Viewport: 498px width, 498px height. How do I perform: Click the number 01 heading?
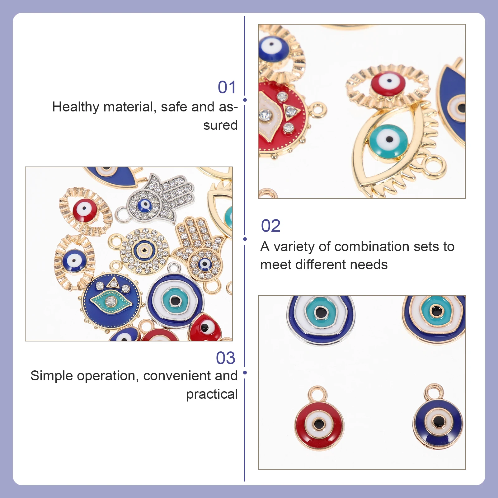[227, 87]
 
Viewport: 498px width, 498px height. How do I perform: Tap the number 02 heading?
[270, 226]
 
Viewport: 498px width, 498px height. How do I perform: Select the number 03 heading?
[226, 358]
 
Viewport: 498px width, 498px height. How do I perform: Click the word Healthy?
[75, 107]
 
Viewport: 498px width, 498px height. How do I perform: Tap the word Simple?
[51, 376]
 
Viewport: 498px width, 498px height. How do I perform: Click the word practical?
[212, 394]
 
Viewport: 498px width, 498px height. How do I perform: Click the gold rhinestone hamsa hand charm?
[199, 249]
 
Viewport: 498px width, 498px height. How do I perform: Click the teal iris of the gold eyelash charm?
[388, 141]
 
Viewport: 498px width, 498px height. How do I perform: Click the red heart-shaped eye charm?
[205, 327]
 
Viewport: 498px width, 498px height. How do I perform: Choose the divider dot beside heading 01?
[245, 100]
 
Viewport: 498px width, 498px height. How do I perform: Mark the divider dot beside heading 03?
[245, 373]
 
